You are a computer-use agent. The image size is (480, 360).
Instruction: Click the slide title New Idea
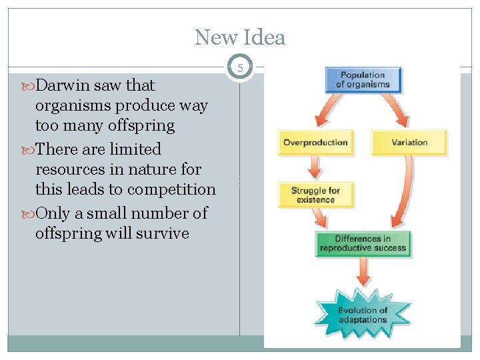pos(240,37)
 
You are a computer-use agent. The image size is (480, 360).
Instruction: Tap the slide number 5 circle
pos(240,67)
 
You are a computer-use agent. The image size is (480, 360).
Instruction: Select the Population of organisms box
pos(363,80)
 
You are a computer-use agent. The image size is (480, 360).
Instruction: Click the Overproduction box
pos(315,143)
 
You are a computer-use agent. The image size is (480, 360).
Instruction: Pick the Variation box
pos(409,143)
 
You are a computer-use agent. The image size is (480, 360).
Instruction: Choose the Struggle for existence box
pos(315,195)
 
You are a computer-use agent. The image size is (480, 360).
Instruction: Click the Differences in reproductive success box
pos(363,243)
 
